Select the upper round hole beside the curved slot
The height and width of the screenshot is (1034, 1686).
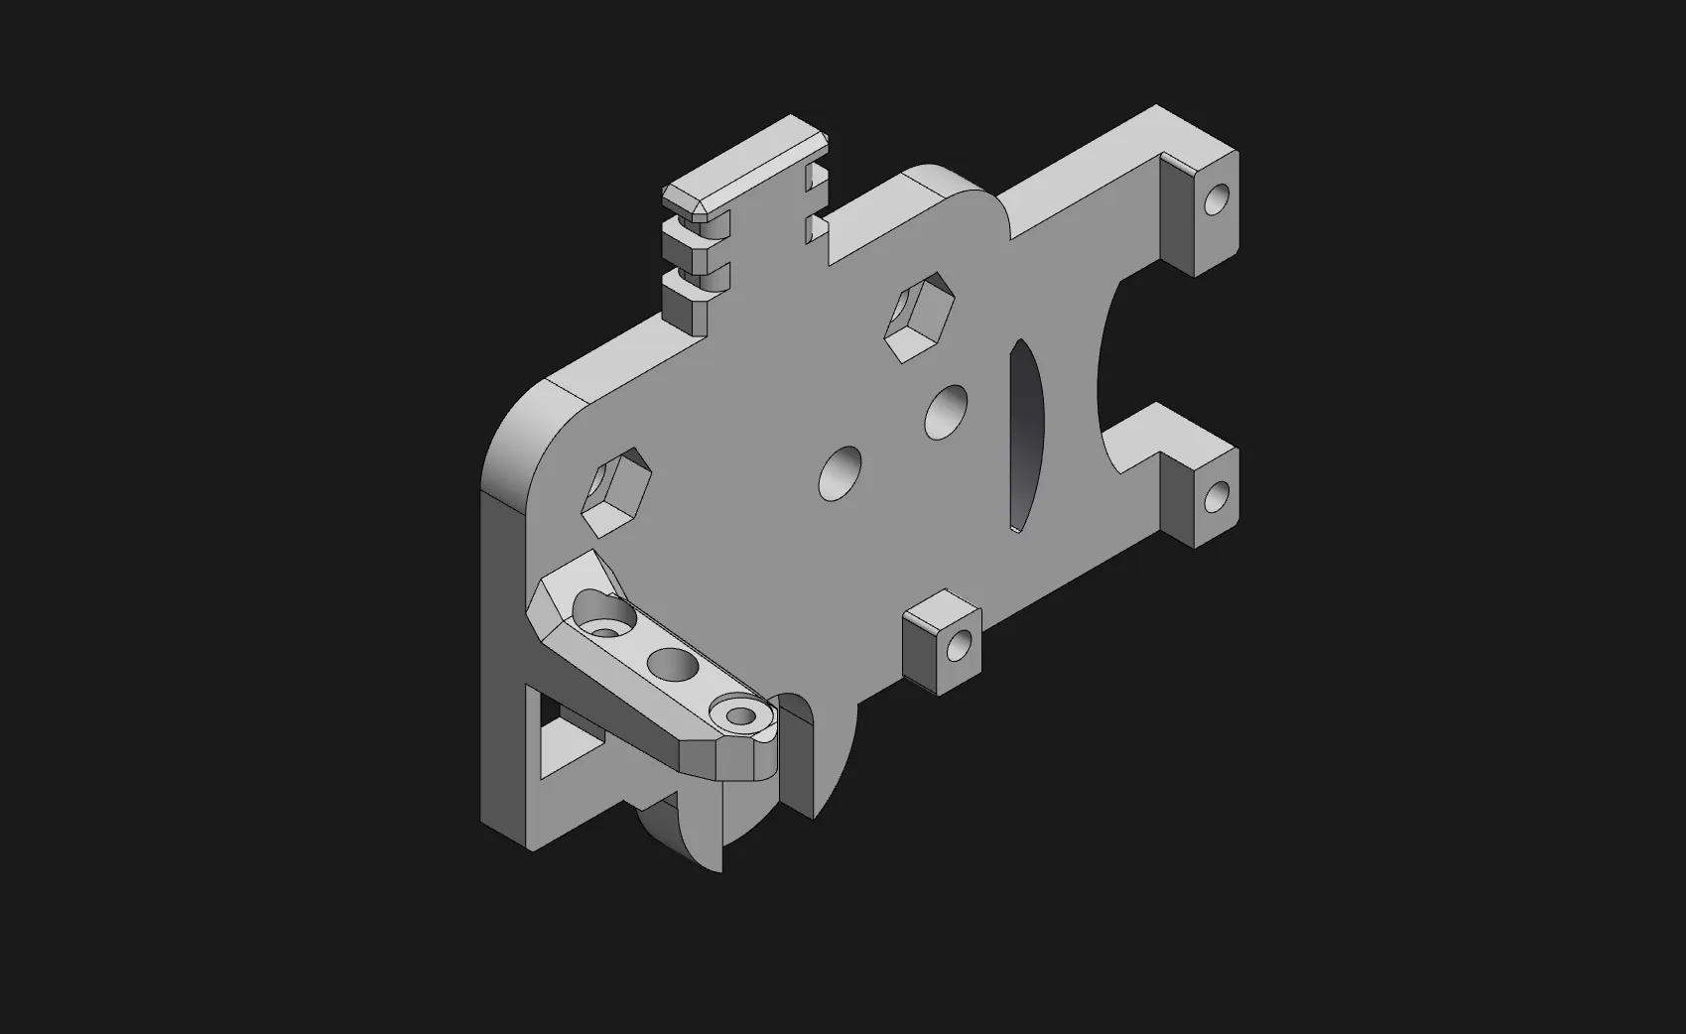[949, 411]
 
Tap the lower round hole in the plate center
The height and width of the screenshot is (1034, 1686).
[841, 473]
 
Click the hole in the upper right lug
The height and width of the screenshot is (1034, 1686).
[1216, 201]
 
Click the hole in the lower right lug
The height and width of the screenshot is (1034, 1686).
[1217, 496]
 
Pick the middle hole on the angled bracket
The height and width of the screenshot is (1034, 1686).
[672, 663]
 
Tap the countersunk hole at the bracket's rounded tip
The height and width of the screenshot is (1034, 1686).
[739, 713]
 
